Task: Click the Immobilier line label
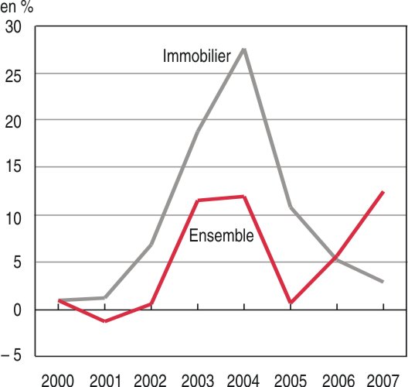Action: click(x=197, y=56)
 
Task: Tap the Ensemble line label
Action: click(x=221, y=235)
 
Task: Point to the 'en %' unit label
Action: click(x=17, y=7)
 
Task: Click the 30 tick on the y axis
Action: click(x=13, y=27)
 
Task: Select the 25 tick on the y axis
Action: click(x=13, y=77)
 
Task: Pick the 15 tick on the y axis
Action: click(x=13, y=166)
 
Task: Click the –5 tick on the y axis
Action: click(x=11, y=354)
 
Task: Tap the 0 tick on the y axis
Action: click(x=17, y=310)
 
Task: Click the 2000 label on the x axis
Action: click(x=57, y=381)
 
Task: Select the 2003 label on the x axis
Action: click(x=198, y=381)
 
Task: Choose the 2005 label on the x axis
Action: click(x=291, y=381)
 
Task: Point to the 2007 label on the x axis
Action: click(x=382, y=381)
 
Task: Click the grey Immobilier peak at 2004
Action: click(x=244, y=49)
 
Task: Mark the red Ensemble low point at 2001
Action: click(x=105, y=321)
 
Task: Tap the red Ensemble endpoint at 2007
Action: click(x=383, y=192)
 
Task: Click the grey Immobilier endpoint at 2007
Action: click(x=383, y=282)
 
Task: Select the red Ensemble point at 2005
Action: click(x=291, y=303)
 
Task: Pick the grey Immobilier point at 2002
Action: click(x=151, y=244)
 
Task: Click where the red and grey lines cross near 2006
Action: click(x=336, y=259)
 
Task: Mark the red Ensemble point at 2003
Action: click(x=198, y=200)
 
